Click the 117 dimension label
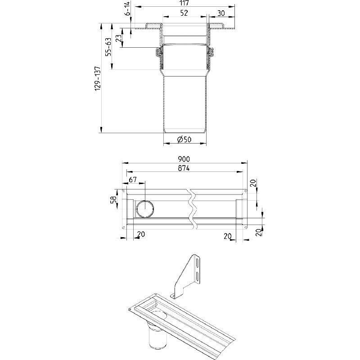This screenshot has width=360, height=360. pyautogui.click(x=184, y=3)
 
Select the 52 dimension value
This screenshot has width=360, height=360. pyautogui.click(x=184, y=13)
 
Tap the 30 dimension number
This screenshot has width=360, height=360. pyautogui.click(x=221, y=13)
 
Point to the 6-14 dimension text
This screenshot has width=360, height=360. pyautogui.click(x=127, y=8)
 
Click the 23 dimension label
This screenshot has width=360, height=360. pyautogui.click(x=119, y=38)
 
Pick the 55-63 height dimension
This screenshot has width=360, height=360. pyautogui.click(x=108, y=47)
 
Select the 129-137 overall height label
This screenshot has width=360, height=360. pyautogui.click(x=98, y=78)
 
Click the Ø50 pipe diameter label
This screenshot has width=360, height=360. pyautogui.click(x=184, y=139)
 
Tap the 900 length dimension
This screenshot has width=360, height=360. pyautogui.click(x=184, y=159)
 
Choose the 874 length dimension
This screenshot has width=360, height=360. pyautogui.click(x=184, y=168)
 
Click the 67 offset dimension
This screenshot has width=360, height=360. pyautogui.click(x=132, y=180)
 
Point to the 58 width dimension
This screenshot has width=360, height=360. pyautogui.click(x=113, y=199)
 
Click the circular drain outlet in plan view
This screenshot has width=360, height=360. pyautogui.click(x=145, y=209)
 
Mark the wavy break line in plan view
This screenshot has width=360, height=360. pyautogui.click(x=193, y=209)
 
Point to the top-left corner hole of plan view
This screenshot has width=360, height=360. pyautogui.click(x=124, y=191)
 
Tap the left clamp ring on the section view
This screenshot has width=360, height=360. pyautogui.click(x=158, y=53)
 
